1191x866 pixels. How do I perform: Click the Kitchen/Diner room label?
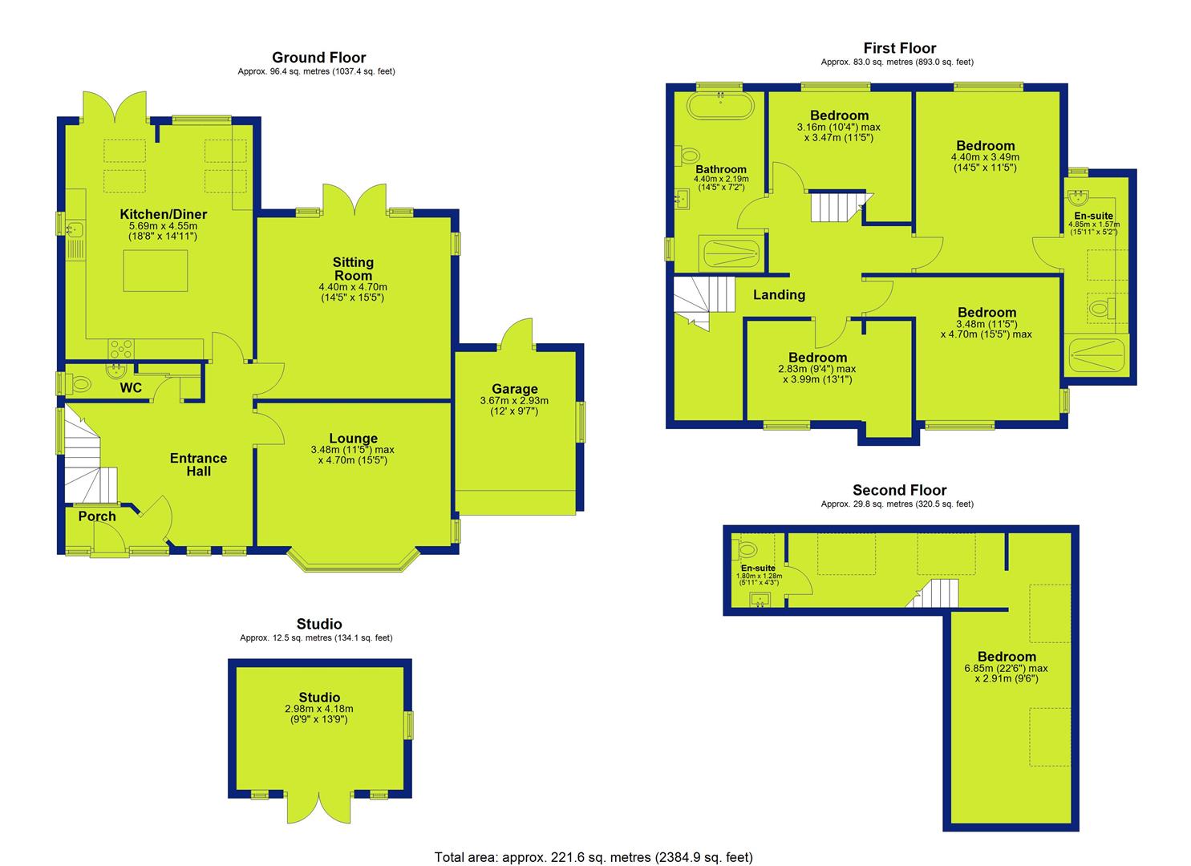[x=164, y=214]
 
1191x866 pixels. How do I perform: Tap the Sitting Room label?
[x=353, y=269]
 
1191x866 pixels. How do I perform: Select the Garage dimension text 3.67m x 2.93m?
[x=514, y=401]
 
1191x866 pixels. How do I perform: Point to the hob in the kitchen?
[x=121, y=350]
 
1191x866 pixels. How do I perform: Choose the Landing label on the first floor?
[x=779, y=295]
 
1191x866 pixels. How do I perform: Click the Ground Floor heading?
[x=318, y=58]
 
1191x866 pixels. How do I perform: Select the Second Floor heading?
[x=900, y=490]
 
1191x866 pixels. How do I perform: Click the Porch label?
[x=97, y=516]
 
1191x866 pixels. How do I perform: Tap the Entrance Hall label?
[x=198, y=464]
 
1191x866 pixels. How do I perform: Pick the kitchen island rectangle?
[x=156, y=270]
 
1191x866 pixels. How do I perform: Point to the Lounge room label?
[x=353, y=439]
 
